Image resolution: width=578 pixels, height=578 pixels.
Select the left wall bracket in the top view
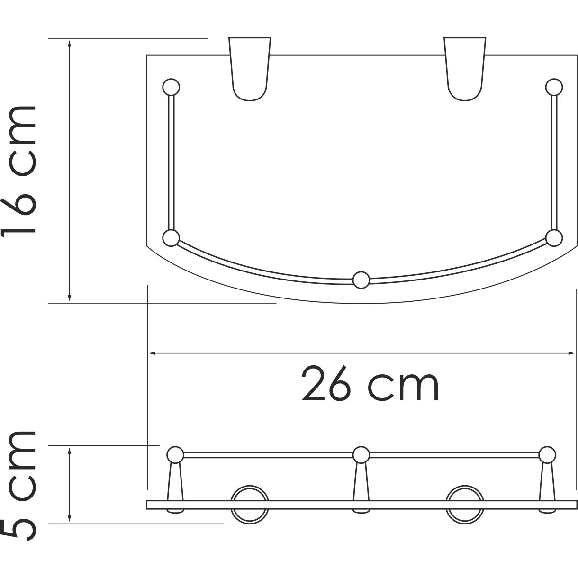(x=250, y=69)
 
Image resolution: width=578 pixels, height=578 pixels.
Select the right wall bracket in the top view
(x=465, y=69)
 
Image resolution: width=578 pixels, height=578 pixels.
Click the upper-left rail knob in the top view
(x=171, y=87)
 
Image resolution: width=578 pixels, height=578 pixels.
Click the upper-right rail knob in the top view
(x=554, y=87)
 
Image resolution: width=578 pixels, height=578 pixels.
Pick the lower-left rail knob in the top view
(x=171, y=238)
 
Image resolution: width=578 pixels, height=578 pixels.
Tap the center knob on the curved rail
(x=361, y=280)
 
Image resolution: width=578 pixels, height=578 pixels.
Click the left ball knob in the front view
(x=175, y=455)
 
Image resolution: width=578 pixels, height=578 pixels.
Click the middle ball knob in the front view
(x=361, y=455)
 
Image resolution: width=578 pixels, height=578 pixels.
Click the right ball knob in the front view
(x=548, y=455)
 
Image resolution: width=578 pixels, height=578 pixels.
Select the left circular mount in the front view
(x=250, y=504)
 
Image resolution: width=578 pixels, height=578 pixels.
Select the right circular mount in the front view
(x=465, y=504)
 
